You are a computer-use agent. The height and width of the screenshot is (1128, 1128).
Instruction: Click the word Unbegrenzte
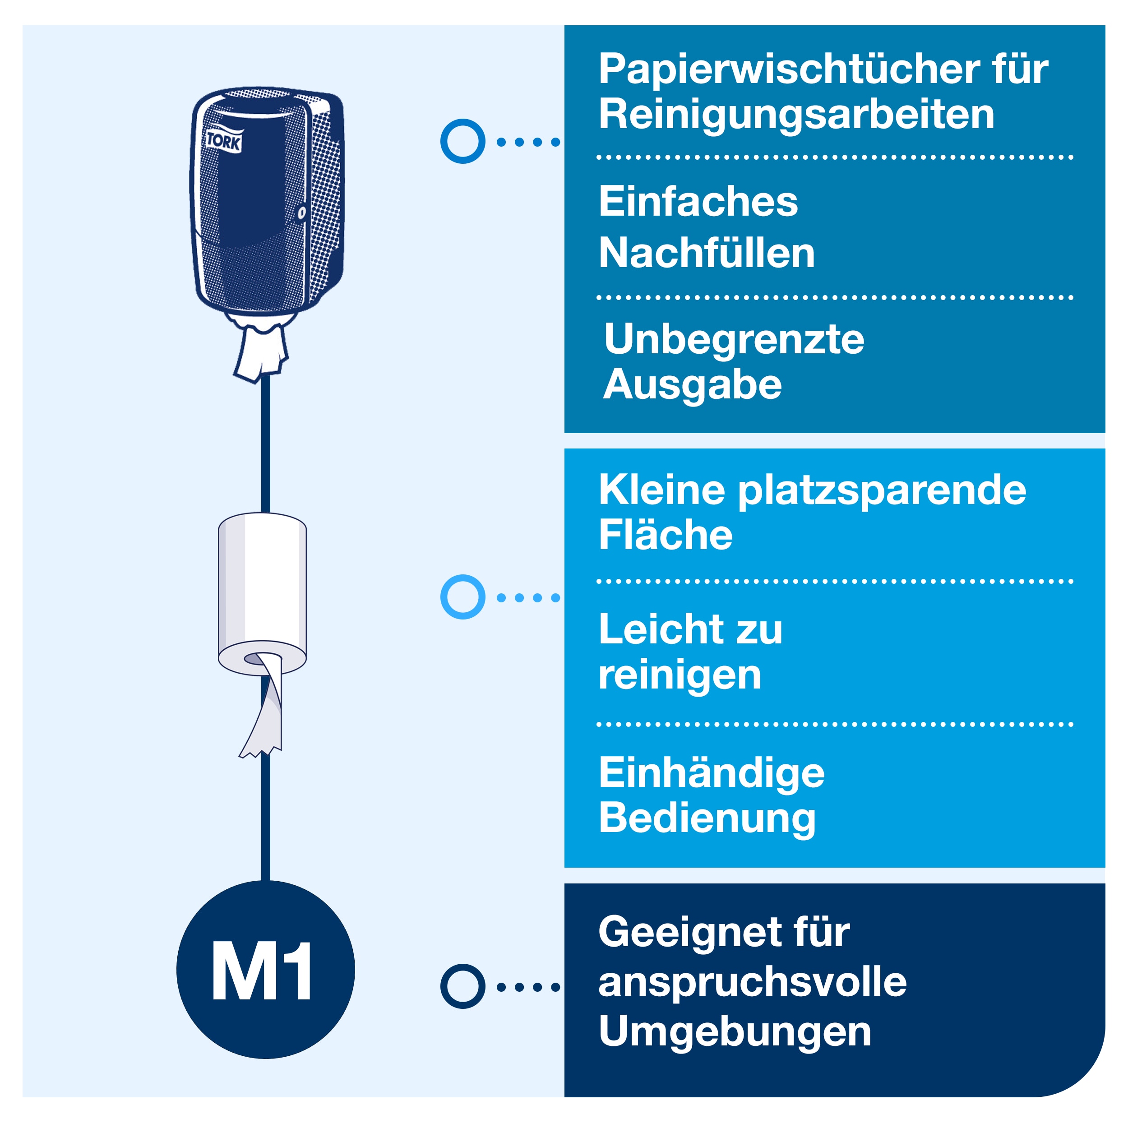click(734, 339)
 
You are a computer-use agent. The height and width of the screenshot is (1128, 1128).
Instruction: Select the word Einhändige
click(712, 774)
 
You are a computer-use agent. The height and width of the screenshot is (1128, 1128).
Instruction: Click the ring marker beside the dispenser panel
click(462, 141)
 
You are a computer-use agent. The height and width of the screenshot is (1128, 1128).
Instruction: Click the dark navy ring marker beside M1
click(462, 986)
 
